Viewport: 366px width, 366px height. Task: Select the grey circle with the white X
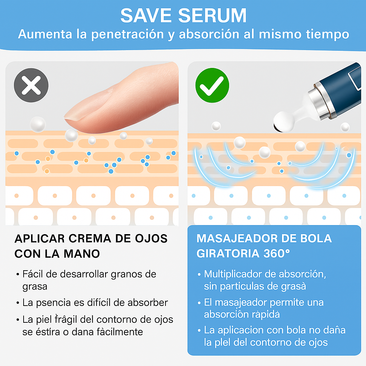tap(31, 86)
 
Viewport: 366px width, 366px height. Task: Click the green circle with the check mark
tap(212, 86)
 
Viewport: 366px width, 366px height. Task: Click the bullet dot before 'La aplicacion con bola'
tap(199, 330)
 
